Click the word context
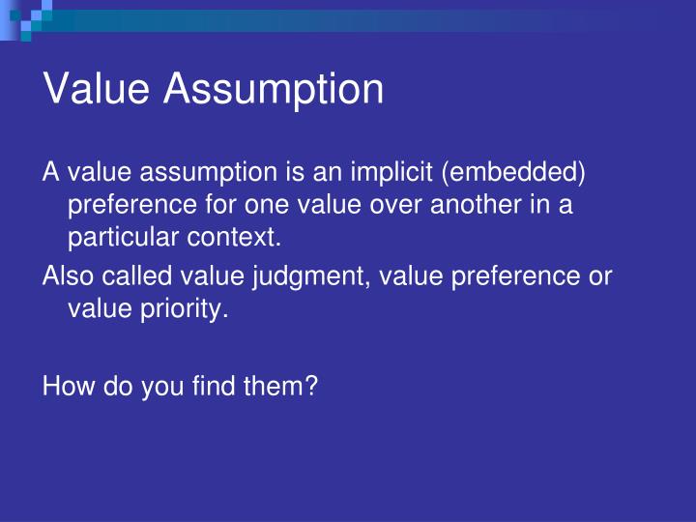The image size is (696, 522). [x=248, y=237]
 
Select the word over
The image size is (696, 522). [x=394, y=205]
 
